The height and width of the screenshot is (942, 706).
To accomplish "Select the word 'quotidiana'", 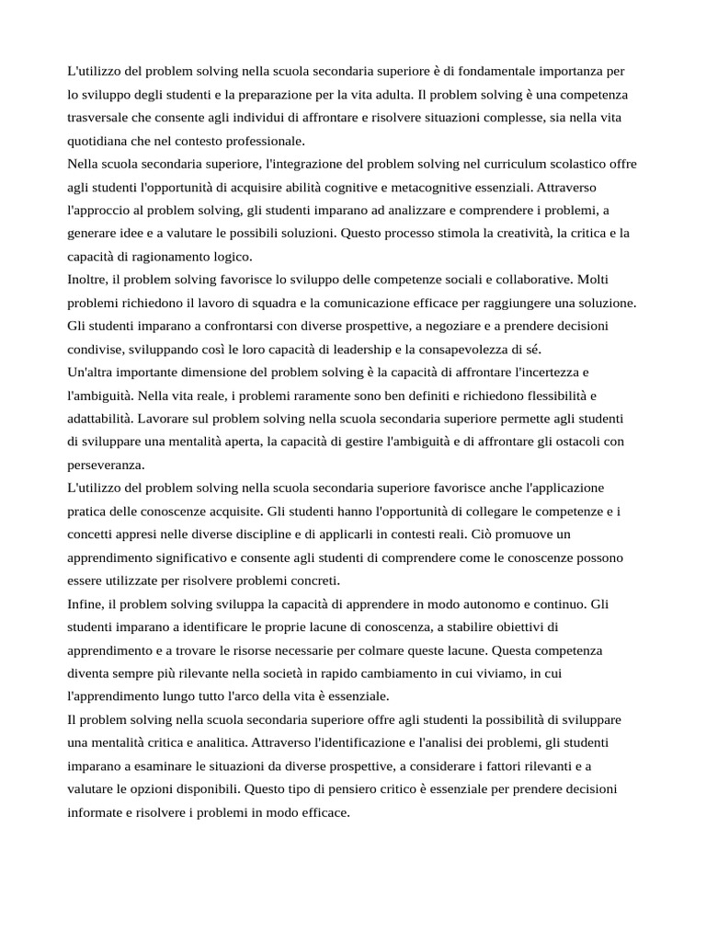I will point(99,141).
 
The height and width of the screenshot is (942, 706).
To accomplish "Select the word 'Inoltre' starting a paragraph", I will point(88,280).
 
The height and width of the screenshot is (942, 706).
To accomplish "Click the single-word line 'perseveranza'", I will point(106,465).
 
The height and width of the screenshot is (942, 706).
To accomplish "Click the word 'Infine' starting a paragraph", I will point(85,603).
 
